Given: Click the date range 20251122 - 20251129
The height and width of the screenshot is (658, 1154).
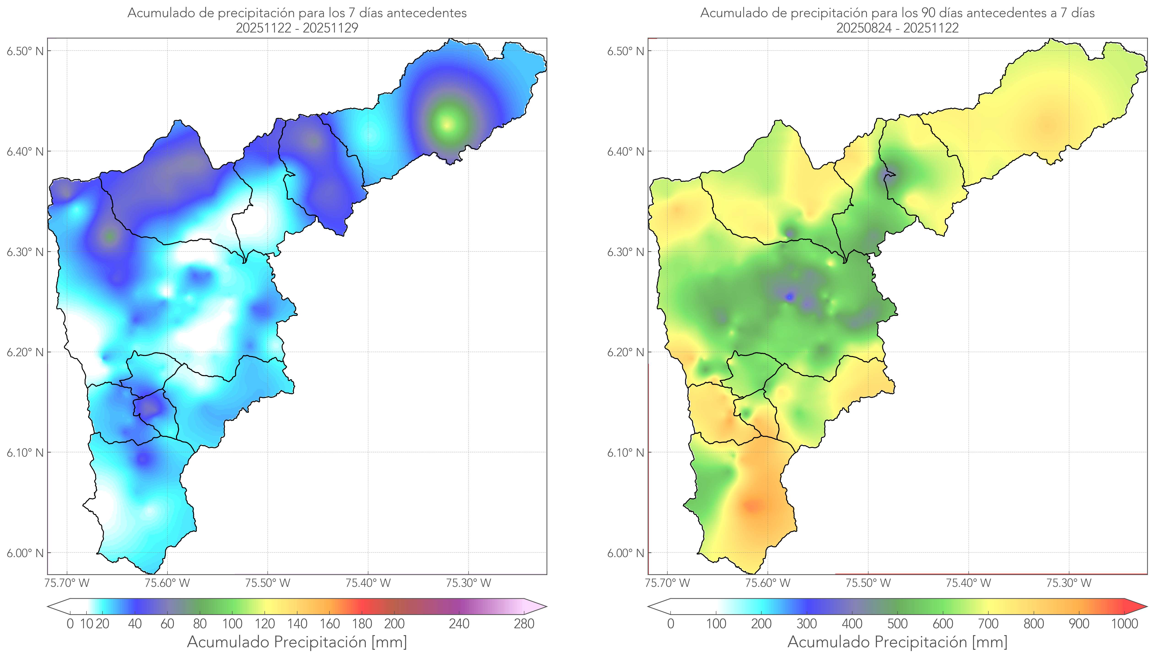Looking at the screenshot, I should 297,28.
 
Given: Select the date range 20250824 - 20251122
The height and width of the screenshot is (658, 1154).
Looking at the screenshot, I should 897,28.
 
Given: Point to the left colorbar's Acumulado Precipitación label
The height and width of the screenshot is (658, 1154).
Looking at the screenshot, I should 297,642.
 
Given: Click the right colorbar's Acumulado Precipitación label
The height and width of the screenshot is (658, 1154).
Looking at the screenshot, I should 897,642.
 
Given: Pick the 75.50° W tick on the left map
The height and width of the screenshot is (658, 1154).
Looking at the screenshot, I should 267,583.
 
